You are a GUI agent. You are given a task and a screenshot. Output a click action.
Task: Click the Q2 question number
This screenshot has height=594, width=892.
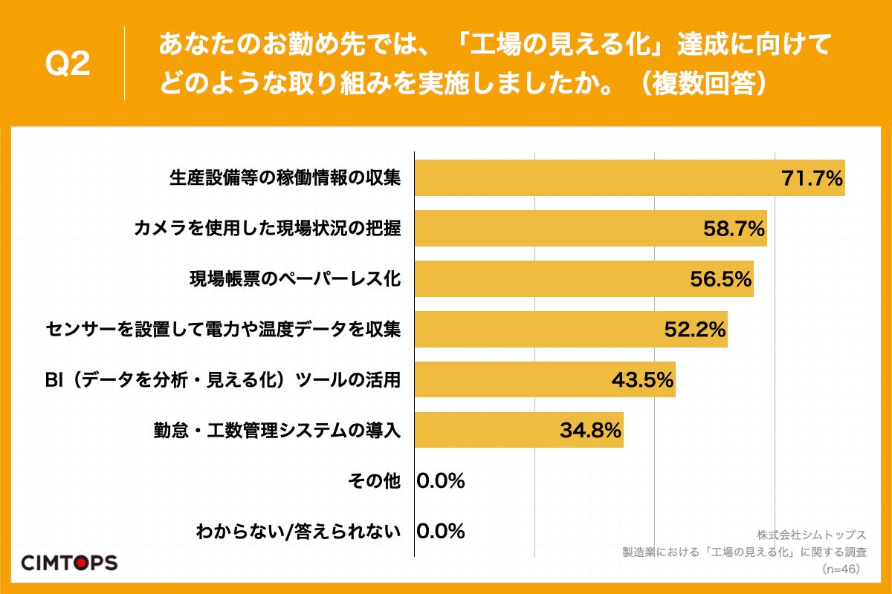pyautogui.click(x=68, y=65)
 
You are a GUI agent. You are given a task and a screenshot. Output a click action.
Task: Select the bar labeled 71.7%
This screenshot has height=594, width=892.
pyautogui.click(x=629, y=178)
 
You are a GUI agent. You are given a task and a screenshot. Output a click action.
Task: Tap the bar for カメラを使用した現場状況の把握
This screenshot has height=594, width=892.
pyautogui.click(x=590, y=229)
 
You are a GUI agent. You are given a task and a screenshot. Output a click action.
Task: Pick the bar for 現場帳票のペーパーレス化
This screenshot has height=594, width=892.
pyautogui.click(x=584, y=279)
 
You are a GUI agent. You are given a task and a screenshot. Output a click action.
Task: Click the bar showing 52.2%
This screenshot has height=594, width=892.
pyautogui.click(x=570, y=330)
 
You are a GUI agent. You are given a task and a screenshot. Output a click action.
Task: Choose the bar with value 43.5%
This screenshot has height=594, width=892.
pyautogui.click(x=544, y=380)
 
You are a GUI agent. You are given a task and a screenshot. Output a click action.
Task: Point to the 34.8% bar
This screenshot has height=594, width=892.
pyautogui.click(x=518, y=431)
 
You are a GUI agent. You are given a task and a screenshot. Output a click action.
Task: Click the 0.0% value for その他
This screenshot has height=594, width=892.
pyautogui.click(x=441, y=481)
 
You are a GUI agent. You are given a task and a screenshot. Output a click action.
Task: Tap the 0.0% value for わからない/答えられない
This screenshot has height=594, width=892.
pyautogui.click(x=441, y=532)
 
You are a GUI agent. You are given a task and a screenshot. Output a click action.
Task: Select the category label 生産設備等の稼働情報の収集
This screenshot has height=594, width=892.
pyautogui.click(x=285, y=178)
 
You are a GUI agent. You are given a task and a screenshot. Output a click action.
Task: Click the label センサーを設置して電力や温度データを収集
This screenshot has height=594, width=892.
pyautogui.click(x=223, y=330)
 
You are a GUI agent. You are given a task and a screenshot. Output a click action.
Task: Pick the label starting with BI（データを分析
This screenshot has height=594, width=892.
pyautogui.click(x=223, y=380)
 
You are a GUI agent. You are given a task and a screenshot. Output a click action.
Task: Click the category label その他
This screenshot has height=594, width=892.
pyautogui.click(x=374, y=481)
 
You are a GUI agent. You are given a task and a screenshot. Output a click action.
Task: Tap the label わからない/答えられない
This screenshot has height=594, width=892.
pyautogui.click(x=298, y=532)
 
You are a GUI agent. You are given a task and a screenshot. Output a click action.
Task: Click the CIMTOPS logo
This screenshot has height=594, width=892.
pyautogui.click(x=68, y=562)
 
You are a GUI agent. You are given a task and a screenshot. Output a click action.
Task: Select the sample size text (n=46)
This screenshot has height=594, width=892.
pyautogui.click(x=840, y=569)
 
